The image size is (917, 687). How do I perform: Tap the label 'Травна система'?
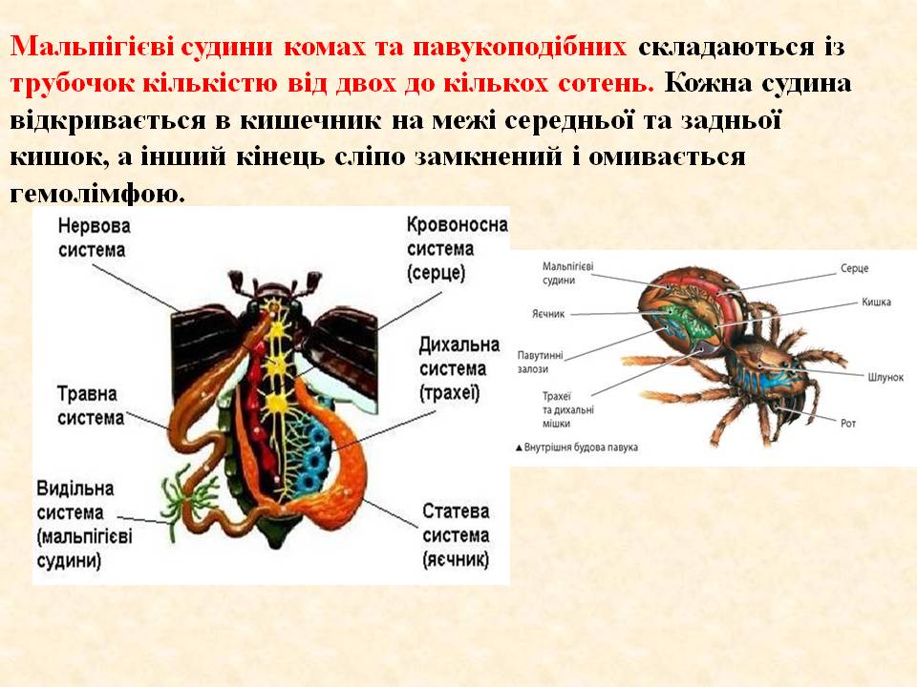click(x=91, y=405)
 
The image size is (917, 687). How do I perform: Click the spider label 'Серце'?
click(x=854, y=269)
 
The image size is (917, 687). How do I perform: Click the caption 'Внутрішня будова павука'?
click(x=577, y=447)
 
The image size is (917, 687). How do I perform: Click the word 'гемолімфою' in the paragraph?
click(x=96, y=195)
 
